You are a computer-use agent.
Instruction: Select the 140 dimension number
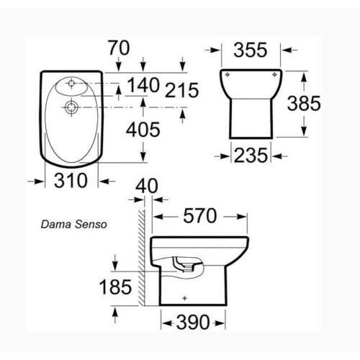[143, 86]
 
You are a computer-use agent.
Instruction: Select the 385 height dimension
[302, 104]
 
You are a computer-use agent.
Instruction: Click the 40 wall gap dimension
[146, 184]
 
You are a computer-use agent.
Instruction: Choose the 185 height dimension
[114, 287]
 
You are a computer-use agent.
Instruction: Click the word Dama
[55, 224]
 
